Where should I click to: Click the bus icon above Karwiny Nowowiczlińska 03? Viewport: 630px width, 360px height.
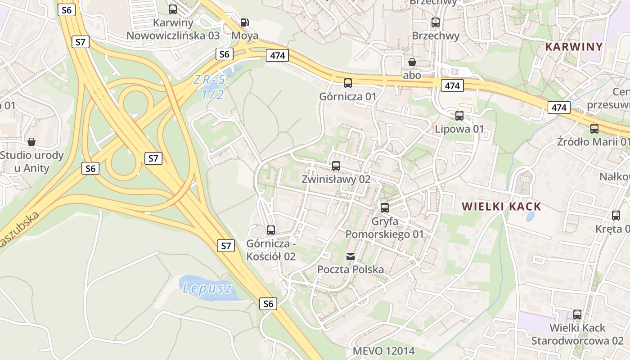pyautogui.click(x=173, y=9)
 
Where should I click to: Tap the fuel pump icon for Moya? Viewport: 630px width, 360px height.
pyautogui.click(x=244, y=22)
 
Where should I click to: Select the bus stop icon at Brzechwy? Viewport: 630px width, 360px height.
pyautogui.click(x=435, y=22)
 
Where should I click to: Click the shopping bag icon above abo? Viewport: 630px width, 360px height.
pyautogui.click(x=412, y=62)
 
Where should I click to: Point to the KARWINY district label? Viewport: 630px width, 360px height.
pyautogui.click(x=574, y=46)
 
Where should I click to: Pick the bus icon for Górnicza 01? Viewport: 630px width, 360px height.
pyautogui.click(x=348, y=83)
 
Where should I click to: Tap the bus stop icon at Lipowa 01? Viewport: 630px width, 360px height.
pyautogui.click(x=459, y=115)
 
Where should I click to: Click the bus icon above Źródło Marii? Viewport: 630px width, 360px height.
pyautogui.click(x=594, y=128)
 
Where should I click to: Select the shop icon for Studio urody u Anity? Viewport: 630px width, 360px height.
pyautogui.click(x=31, y=142)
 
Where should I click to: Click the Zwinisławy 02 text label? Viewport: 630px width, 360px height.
pyautogui.click(x=336, y=179)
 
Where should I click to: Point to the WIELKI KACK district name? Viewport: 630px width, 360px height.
pyautogui.click(x=501, y=207)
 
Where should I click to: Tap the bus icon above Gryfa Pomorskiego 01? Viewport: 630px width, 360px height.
pyautogui.click(x=384, y=207)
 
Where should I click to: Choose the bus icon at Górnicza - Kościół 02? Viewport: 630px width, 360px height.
pyautogui.click(x=271, y=230)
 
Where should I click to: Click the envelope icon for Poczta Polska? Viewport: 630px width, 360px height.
pyautogui.click(x=351, y=256)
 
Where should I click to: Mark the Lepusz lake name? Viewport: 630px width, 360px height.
pyautogui.click(x=207, y=288)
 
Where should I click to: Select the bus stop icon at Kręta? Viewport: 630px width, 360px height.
pyautogui.click(x=616, y=215)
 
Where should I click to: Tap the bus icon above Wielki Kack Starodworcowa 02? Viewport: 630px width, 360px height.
pyautogui.click(x=577, y=314)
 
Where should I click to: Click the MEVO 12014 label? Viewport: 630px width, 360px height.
pyautogui.click(x=383, y=351)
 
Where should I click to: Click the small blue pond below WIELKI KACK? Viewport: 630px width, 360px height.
pyautogui.click(x=530, y=217)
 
